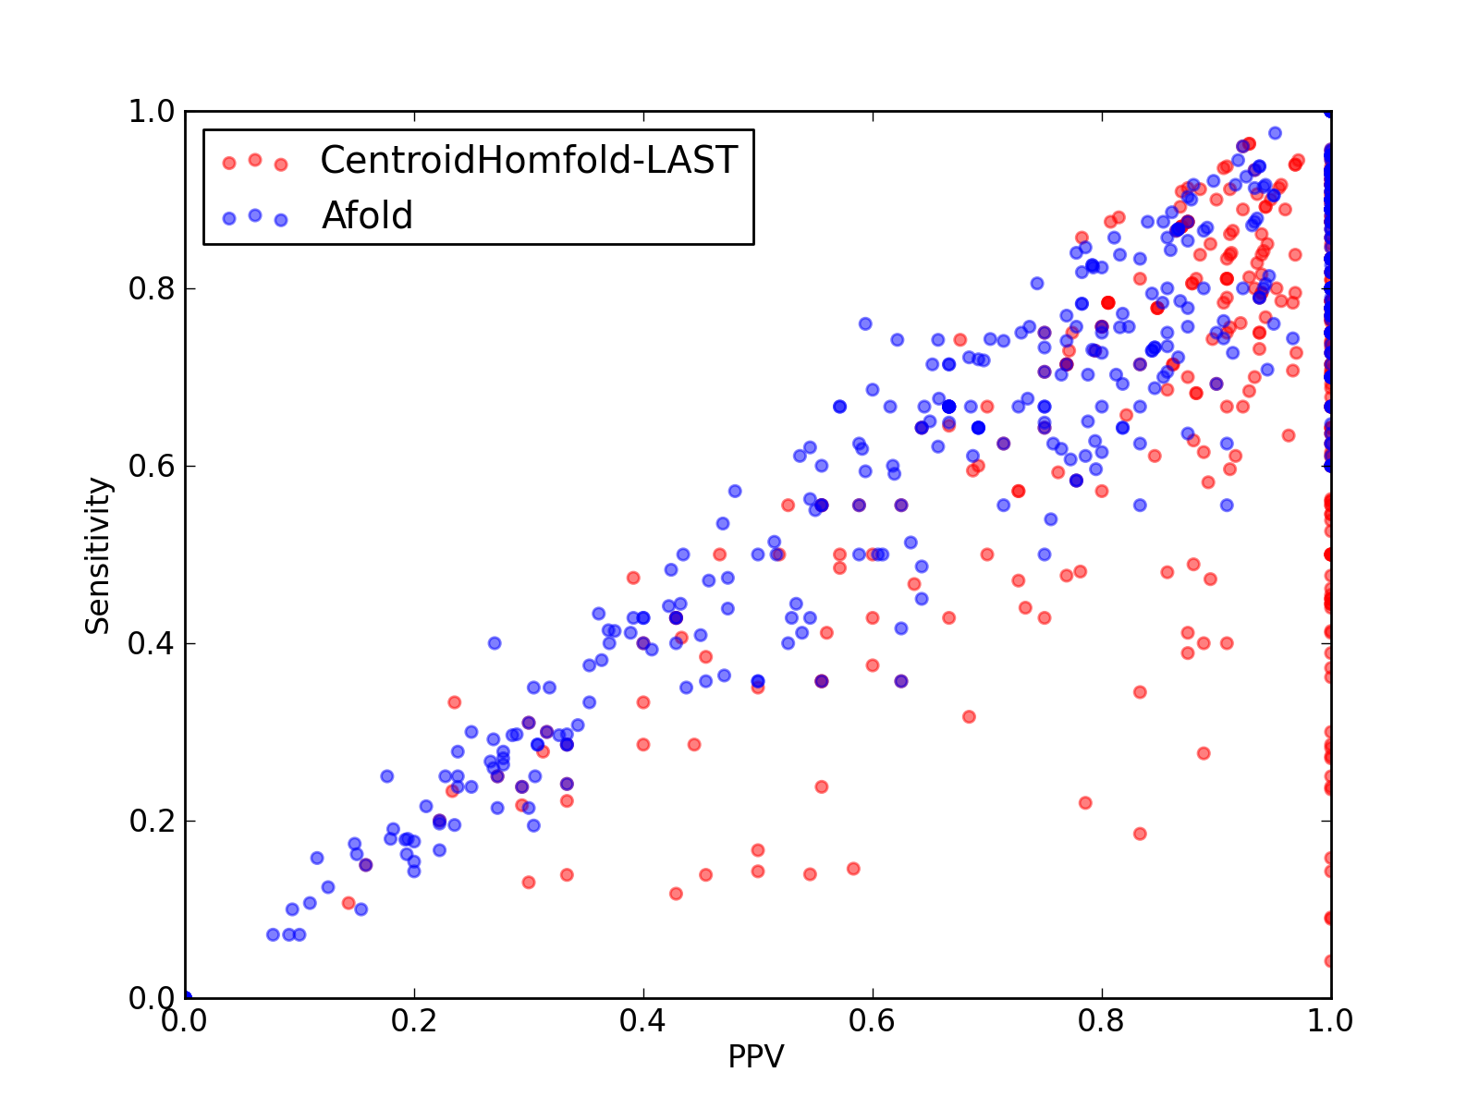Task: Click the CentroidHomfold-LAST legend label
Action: [529, 160]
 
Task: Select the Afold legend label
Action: [367, 215]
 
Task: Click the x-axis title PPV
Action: [756, 1056]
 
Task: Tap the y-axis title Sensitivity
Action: [98, 555]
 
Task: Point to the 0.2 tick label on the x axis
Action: [414, 1021]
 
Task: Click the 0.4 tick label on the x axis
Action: [642, 1021]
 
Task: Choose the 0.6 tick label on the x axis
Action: [872, 1021]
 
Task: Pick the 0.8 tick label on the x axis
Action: [1101, 1021]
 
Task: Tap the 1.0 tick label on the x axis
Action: [1330, 1021]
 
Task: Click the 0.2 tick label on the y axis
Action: [152, 821]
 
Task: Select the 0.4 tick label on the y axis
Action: [152, 644]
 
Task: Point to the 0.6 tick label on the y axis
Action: [152, 466]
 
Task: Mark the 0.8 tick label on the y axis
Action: [152, 289]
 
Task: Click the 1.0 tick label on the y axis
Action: [152, 111]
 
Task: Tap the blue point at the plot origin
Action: [187, 997]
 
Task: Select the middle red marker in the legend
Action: [255, 160]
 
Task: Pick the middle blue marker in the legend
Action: [255, 215]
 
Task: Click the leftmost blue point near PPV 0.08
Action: [273, 934]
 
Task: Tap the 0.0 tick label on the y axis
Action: [152, 997]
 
